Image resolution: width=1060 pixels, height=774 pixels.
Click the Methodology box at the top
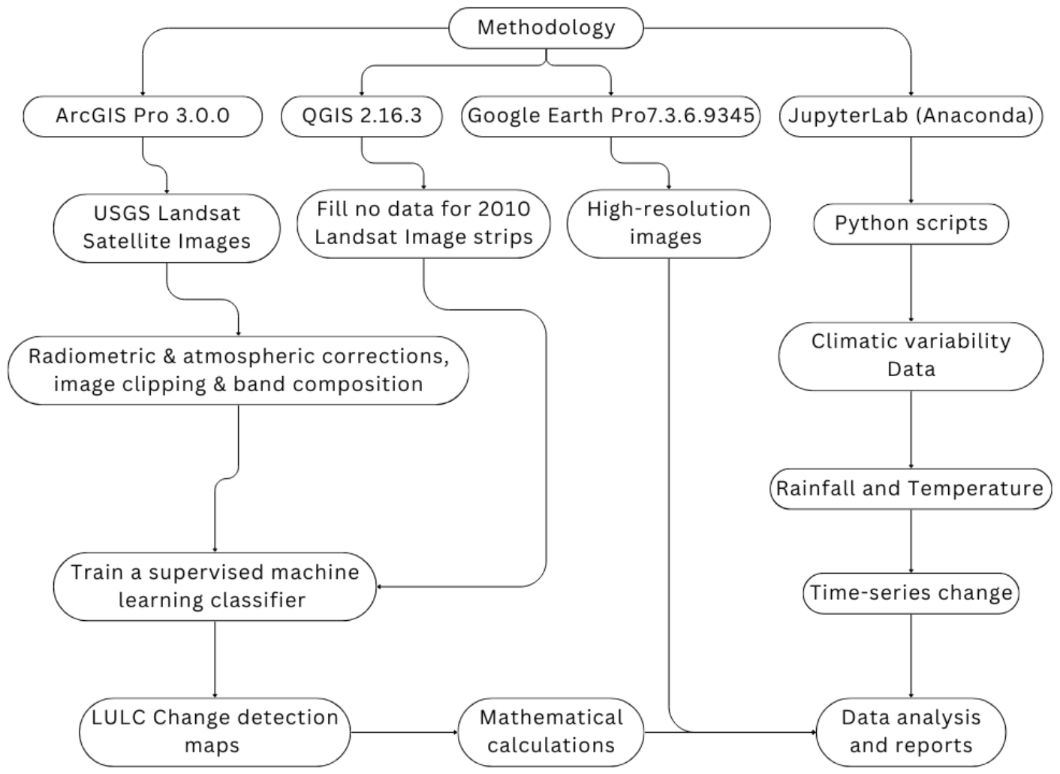tap(546, 28)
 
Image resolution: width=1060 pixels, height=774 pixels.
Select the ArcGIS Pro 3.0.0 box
tap(143, 116)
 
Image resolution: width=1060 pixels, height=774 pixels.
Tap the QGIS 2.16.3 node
tap(362, 116)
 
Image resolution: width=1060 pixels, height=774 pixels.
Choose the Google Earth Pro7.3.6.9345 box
tap(611, 116)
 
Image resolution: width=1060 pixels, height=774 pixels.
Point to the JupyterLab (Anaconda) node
tap(911, 116)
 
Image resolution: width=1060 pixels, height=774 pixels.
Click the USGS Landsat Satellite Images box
tap(167, 228)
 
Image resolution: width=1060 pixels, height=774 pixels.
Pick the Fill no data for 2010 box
tap(423, 224)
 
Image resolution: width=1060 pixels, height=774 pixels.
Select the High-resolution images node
tap(669, 224)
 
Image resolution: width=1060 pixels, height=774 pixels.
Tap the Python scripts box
tap(911, 224)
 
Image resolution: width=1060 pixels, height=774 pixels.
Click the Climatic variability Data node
tap(911, 357)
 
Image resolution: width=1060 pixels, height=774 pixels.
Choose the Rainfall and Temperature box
tap(911, 489)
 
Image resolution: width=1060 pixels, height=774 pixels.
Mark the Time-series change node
tap(911, 593)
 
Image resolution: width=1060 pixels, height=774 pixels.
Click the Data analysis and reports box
tap(911, 733)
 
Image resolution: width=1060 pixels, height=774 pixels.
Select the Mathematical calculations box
tap(551, 733)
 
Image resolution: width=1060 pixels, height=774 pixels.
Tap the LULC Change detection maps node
tap(215, 733)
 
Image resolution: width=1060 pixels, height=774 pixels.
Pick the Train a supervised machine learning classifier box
tap(215, 586)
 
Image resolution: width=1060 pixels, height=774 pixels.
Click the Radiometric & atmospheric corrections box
tap(239, 370)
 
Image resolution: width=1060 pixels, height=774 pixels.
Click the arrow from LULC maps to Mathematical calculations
tap(404, 733)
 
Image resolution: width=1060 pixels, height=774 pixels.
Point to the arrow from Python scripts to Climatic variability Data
tap(911, 283)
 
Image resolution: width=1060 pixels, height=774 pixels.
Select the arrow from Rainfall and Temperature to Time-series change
tap(911, 541)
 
